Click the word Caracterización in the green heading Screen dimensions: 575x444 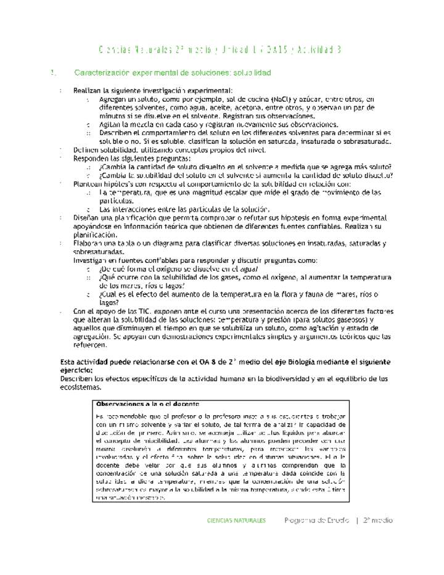tap(101, 73)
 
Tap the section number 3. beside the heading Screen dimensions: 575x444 tap(54, 73)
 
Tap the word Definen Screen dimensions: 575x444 tap(87, 149)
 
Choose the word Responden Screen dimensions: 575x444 tap(91, 158)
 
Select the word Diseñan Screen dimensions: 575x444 tap(87, 218)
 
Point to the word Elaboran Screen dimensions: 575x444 tap(89, 244)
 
